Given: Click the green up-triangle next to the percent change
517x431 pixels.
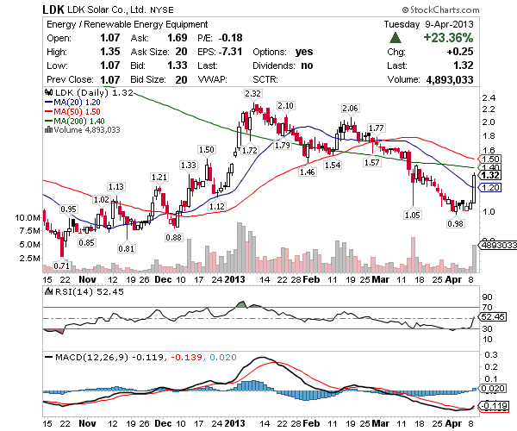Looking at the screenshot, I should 395,38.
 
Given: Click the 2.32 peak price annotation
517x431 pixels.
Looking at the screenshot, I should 252,93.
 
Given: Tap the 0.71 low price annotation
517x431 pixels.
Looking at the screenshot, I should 61,265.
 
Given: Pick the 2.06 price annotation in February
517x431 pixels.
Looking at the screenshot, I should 349,109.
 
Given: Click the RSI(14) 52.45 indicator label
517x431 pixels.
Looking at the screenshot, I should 84,291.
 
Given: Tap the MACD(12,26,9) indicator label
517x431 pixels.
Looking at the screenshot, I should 87,356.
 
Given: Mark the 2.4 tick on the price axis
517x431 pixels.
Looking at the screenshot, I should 489,98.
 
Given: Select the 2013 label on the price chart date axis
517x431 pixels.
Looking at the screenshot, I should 235,280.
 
